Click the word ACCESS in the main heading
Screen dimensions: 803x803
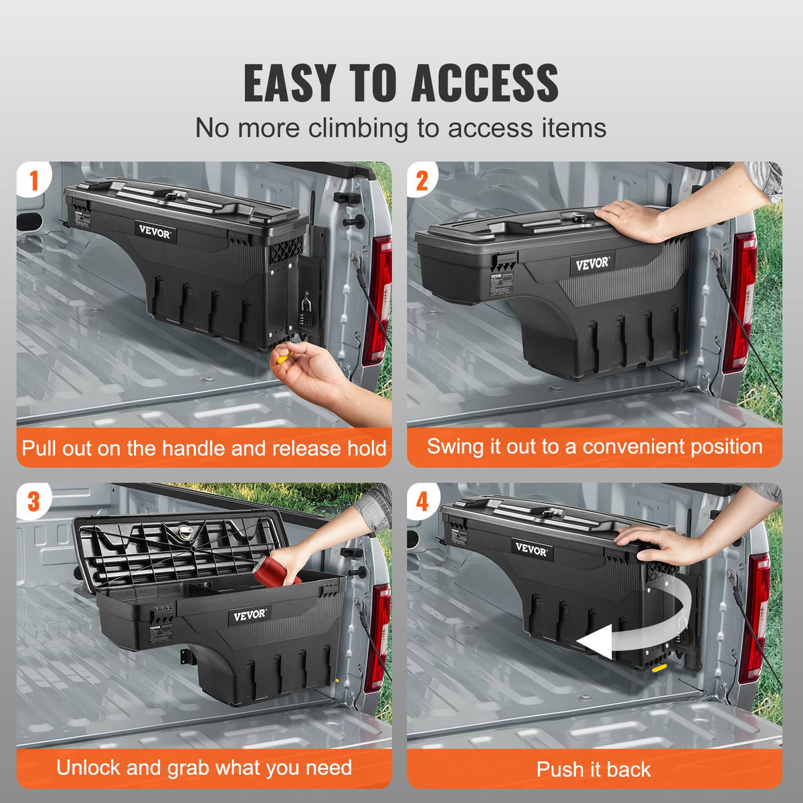(484, 83)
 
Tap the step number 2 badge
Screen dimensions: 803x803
(422, 181)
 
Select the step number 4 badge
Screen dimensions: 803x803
(422, 502)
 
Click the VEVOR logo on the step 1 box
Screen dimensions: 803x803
(155, 232)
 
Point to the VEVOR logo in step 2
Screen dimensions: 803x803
(592, 263)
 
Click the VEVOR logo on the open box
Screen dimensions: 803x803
(250, 615)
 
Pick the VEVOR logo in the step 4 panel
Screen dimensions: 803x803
(532, 549)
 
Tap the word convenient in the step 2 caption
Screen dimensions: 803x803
(626, 446)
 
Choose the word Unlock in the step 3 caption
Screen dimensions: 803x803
(88, 768)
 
